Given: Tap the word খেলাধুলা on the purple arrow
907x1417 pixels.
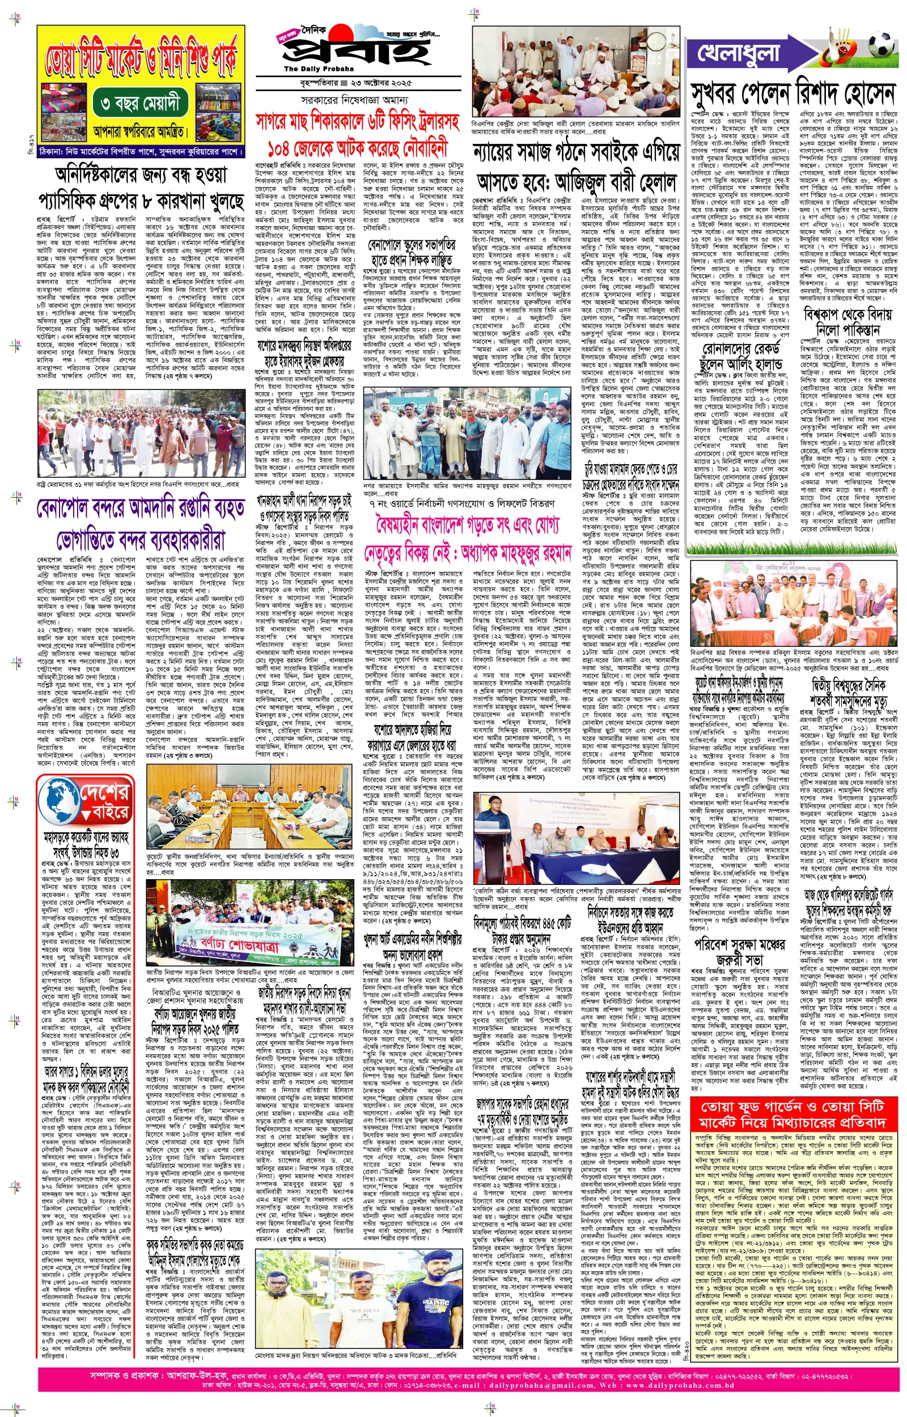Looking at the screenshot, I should (x=739, y=54).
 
